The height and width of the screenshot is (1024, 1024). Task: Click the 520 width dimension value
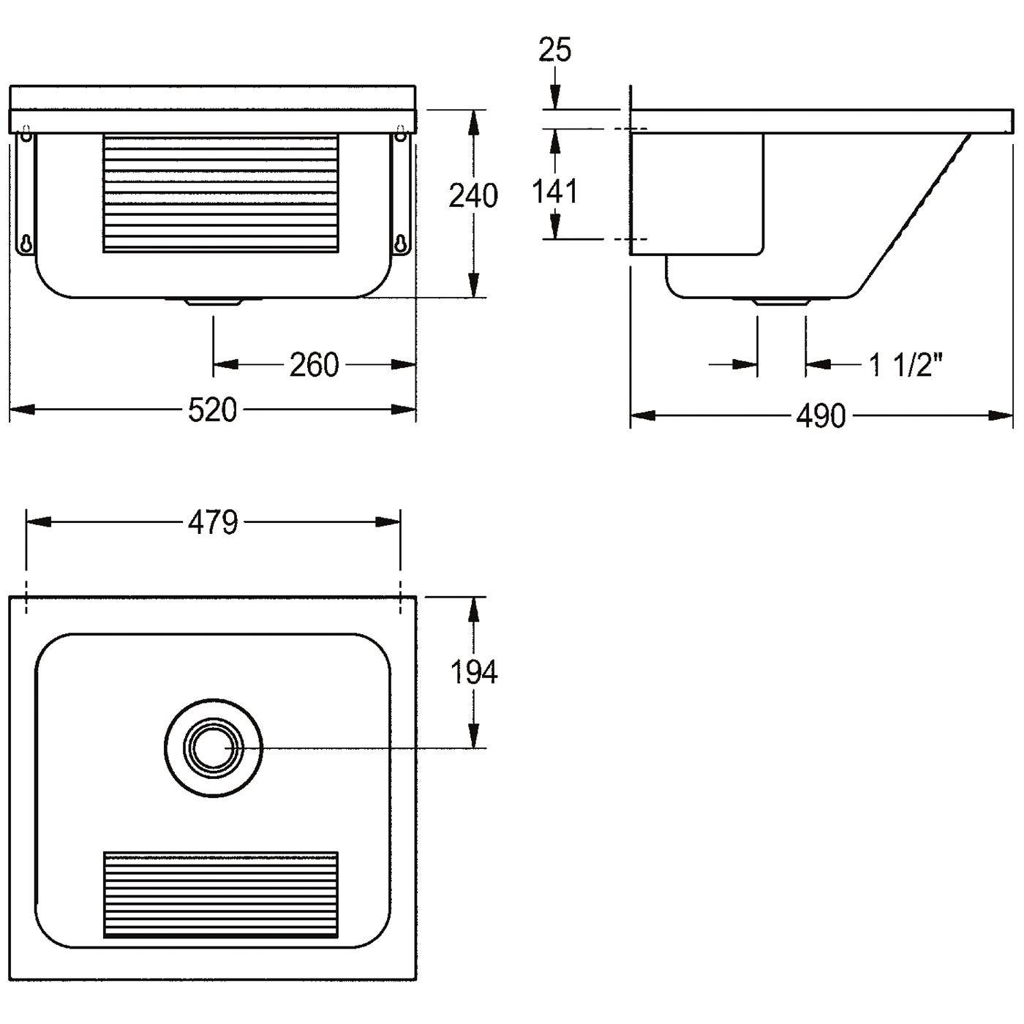[213, 410]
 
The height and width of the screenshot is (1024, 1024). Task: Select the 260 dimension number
[314, 365]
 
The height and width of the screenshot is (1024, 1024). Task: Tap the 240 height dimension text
[473, 195]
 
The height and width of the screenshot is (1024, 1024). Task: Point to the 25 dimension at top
[554, 50]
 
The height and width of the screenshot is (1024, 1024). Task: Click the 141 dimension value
[554, 192]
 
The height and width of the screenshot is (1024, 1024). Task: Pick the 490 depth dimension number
[821, 415]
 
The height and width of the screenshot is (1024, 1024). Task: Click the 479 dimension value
[213, 523]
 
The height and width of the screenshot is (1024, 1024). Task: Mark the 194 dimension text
[473, 672]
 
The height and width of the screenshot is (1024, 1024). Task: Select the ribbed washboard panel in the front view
[221, 193]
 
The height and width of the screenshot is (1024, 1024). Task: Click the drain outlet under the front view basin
[213, 302]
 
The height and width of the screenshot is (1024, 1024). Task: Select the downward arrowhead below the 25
[554, 98]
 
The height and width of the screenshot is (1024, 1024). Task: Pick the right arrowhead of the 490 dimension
[1001, 415]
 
